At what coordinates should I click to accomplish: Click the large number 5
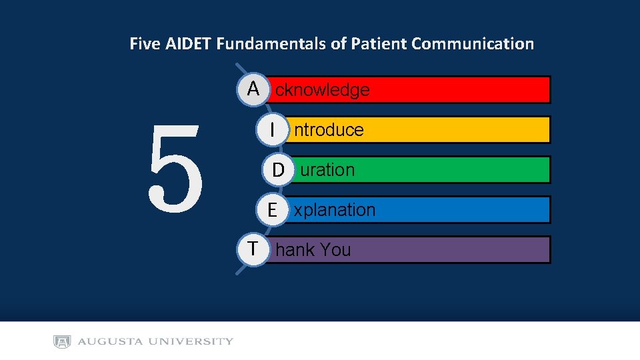(175, 169)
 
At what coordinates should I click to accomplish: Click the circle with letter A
(253, 89)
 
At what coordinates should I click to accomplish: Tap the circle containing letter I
(272, 129)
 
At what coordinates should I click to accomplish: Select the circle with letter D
(277, 169)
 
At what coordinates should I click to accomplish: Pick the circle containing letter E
(272, 209)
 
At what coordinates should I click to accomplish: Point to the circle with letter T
(253, 249)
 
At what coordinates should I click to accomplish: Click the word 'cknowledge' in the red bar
(322, 90)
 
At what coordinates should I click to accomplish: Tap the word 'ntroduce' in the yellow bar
(329, 130)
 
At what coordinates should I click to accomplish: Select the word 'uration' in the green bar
(327, 170)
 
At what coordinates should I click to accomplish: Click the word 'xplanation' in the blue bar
(335, 210)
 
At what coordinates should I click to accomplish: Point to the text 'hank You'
(313, 250)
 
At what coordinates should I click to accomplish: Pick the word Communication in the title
(473, 44)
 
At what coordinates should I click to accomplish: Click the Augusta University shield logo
(62, 342)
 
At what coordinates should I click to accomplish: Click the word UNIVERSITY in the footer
(191, 342)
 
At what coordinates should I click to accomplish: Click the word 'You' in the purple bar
(335, 250)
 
